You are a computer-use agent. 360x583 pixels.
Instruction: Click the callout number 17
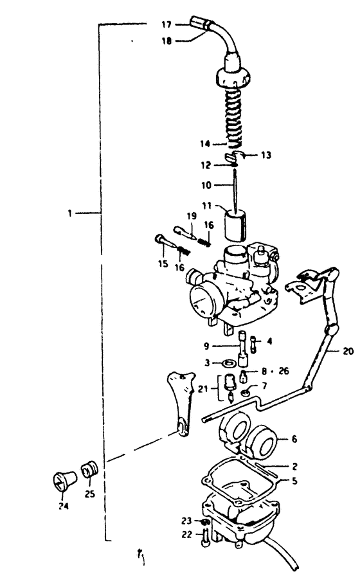(x=166, y=25)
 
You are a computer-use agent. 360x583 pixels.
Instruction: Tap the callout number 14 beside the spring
(x=205, y=143)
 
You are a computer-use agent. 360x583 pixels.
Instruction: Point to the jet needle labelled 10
(x=235, y=190)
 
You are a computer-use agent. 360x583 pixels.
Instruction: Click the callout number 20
(x=348, y=350)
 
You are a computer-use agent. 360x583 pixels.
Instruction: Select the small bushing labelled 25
(x=89, y=469)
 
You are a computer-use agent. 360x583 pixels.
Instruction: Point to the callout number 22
(x=187, y=534)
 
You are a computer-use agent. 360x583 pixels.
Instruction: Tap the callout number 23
(x=186, y=521)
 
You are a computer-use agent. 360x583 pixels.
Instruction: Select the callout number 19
(x=191, y=216)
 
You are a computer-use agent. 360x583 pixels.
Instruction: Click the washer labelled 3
(x=228, y=362)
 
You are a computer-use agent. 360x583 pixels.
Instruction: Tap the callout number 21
(x=203, y=389)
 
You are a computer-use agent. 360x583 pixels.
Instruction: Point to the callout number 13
(x=266, y=155)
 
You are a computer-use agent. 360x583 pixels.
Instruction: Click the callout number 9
(x=207, y=346)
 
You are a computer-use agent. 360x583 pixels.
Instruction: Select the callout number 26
(x=283, y=371)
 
